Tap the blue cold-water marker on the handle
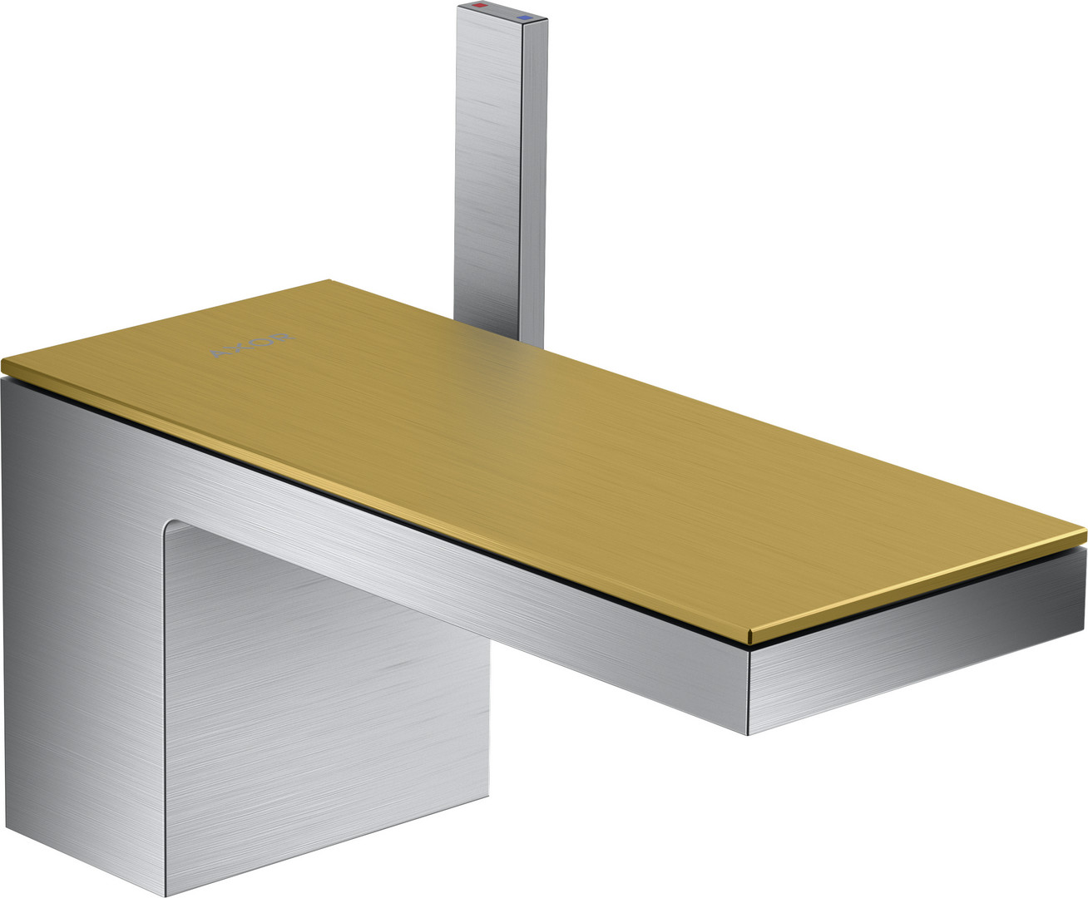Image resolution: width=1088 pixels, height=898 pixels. pyautogui.click(x=524, y=17)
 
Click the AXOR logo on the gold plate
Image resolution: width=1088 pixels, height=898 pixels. pyautogui.click(x=252, y=345)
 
